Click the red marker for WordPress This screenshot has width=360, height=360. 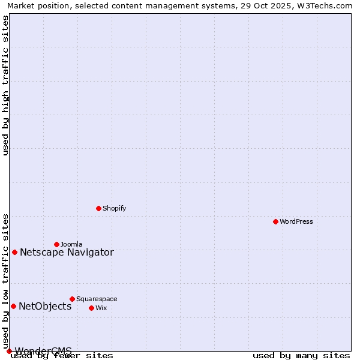pos(275,221)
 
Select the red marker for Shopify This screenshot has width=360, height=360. pos(98,208)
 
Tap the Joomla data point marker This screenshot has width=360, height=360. pos(56,244)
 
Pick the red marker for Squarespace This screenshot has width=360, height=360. pos(72,299)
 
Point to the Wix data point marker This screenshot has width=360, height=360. pos(91,308)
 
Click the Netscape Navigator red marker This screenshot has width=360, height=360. pos(14,252)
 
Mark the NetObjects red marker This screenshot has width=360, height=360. pos(13,306)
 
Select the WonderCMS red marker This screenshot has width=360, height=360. pos(9,351)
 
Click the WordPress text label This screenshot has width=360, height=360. pos(296,221)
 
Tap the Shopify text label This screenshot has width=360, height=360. pos(114,208)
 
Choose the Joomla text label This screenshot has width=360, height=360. pos(71,244)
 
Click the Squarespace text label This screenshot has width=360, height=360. pos(97,299)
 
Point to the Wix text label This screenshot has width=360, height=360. pos(101,308)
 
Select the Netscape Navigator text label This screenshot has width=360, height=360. pos(67,252)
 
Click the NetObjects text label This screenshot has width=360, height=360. pos(45,306)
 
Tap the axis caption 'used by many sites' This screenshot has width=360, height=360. pos(301,356)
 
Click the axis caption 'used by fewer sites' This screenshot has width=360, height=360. pos(62,356)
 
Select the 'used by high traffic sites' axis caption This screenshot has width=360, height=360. pos(6,85)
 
